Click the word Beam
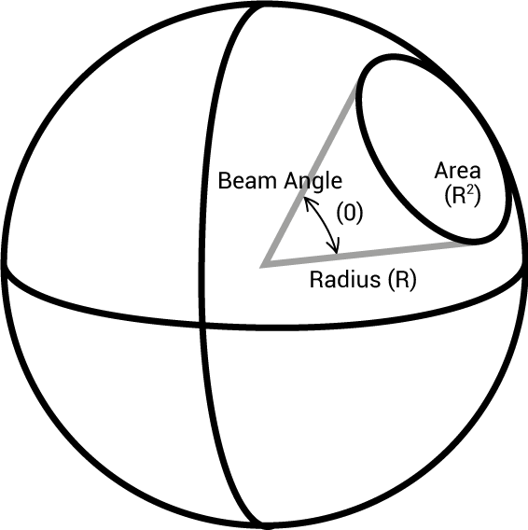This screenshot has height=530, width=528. coord(247,181)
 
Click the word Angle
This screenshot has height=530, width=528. coord(313,183)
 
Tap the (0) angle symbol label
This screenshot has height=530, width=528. coord(350,214)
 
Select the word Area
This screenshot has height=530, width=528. coord(457,171)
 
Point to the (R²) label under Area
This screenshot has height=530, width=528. coord(462,196)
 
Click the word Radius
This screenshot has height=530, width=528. coord(345,280)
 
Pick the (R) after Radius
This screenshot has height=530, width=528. coord(402,280)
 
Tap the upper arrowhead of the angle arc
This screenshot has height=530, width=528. coord(308,202)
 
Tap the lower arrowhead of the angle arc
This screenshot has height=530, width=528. coord(334,248)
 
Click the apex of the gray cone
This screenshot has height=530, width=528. coord(263,266)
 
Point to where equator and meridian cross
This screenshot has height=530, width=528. coord(201,325)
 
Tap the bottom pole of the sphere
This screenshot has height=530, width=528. coord(264,526)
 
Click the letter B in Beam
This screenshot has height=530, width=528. coord(224,181)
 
